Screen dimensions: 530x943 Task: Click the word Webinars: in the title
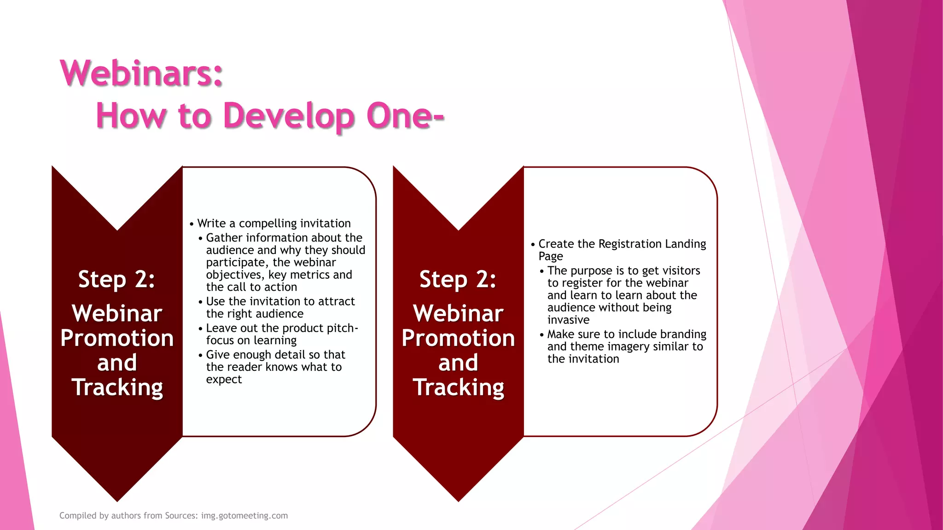(x=141, y=74)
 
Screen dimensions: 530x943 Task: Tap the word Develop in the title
(x=289, y=116)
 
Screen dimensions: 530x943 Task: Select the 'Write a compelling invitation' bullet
(x=274, y=224)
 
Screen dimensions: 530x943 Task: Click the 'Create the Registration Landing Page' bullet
(x=622, y=249)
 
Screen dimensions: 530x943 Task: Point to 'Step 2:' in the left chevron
(x=116, y=279)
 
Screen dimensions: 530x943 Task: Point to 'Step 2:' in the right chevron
(x=458, y=279)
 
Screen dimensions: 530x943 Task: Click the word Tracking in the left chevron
(x=117, y=387)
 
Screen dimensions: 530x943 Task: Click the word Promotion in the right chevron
(x=458, y=338)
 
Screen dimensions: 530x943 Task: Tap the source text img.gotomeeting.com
(x=244, y=516)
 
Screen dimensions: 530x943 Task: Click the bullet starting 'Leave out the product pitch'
(x=281, y=334)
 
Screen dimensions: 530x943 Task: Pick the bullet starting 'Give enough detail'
(x=275, y=367)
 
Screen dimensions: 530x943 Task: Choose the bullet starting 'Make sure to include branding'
(x=626, y=346)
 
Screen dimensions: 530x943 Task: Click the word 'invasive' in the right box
(x=568, y=320)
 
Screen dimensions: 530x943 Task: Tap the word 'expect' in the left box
(x=224, y=380)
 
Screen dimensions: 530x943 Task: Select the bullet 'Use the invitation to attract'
(x=280, y=307)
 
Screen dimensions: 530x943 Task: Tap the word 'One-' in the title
(x=405, y=116)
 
